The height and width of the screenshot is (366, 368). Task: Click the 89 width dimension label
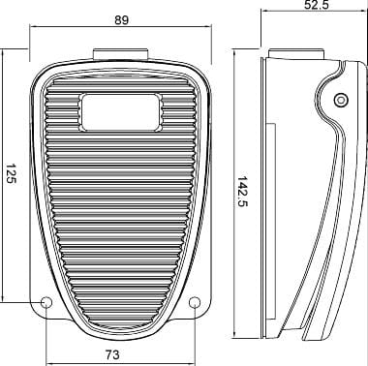121,20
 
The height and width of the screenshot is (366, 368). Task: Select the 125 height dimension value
11,173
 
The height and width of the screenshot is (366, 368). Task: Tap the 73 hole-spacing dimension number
112,354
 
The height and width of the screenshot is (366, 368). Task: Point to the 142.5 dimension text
243,192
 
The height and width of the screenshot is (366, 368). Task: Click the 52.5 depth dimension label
316,4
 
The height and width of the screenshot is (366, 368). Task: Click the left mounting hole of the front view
46,302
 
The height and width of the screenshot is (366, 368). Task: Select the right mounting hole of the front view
195,302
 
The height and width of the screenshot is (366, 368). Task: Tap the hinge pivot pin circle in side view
341,100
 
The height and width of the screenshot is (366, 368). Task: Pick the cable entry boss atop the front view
121,54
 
